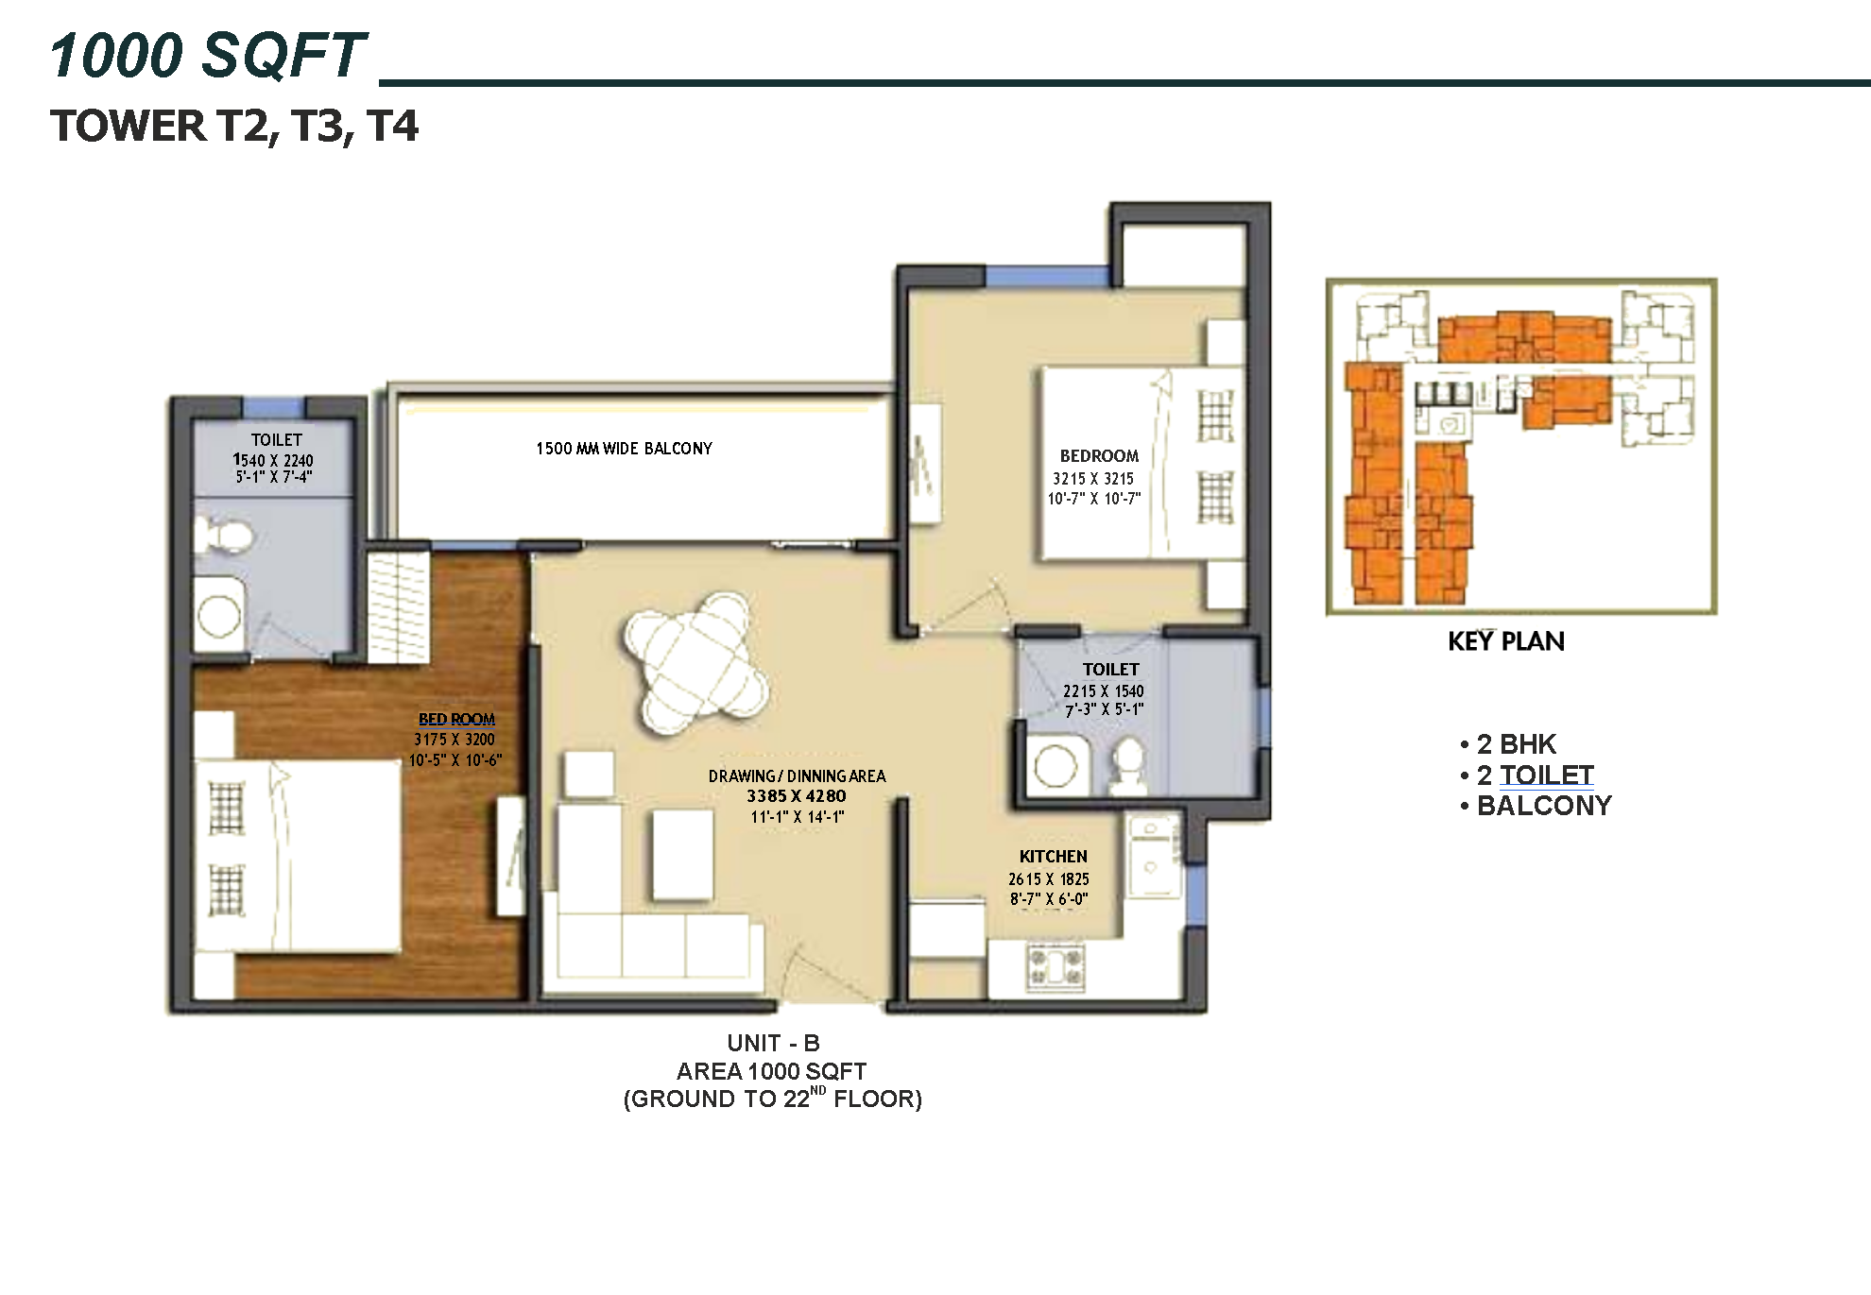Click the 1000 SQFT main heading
208,55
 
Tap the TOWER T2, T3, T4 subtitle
233,127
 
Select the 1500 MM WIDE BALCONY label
624,449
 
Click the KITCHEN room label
1053,857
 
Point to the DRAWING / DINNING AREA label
797,776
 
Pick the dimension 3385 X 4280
796,796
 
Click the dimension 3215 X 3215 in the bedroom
1092,479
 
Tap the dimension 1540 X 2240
273,460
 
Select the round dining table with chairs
695,661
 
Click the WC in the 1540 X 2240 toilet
223,537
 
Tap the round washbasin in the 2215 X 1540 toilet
1056,766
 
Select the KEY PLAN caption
1506,642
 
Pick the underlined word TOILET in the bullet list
1547,775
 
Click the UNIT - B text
773,1044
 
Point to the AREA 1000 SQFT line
771,1071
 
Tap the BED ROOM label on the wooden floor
456,720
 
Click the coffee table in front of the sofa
682,855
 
